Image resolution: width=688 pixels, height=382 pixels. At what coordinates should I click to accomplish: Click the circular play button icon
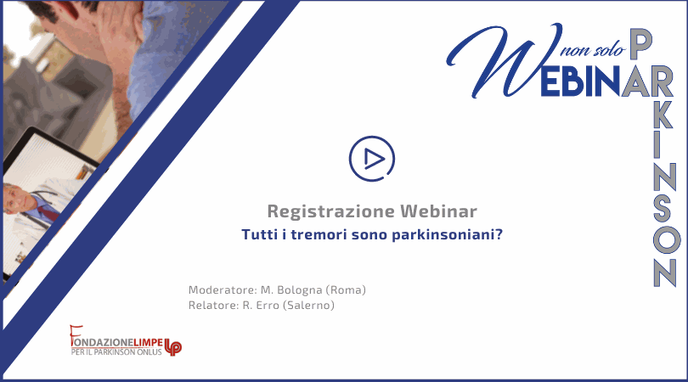[372, 159]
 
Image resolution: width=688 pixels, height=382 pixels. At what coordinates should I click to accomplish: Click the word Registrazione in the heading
[331, 211]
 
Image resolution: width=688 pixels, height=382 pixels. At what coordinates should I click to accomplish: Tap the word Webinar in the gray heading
[438, 211]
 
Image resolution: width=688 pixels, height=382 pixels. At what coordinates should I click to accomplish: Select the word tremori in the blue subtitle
[319, 234]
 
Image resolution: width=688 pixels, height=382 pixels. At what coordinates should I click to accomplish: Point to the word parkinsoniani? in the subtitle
[447, 235]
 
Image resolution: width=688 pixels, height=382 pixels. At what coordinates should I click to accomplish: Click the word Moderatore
[223, 290]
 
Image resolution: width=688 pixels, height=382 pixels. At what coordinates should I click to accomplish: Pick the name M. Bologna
[291, 290]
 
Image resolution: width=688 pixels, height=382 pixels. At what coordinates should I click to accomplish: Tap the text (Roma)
[346, 290]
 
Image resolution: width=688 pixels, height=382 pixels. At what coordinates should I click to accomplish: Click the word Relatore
[214, 306]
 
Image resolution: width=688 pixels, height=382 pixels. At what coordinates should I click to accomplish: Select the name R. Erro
[261, 306]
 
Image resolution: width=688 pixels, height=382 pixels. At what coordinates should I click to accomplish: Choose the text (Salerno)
[308, 306]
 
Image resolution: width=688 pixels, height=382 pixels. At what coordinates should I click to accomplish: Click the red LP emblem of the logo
[173, 347]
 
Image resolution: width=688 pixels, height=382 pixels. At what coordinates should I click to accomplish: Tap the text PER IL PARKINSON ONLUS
[116, 351]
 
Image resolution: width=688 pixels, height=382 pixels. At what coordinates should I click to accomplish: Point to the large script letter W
[505, 60]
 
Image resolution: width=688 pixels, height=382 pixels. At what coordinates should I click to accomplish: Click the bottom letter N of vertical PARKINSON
[664, 272]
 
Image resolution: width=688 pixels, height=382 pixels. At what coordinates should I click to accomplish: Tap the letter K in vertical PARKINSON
[663, 115]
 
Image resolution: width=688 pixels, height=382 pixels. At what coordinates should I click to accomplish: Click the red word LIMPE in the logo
[149, 342]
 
